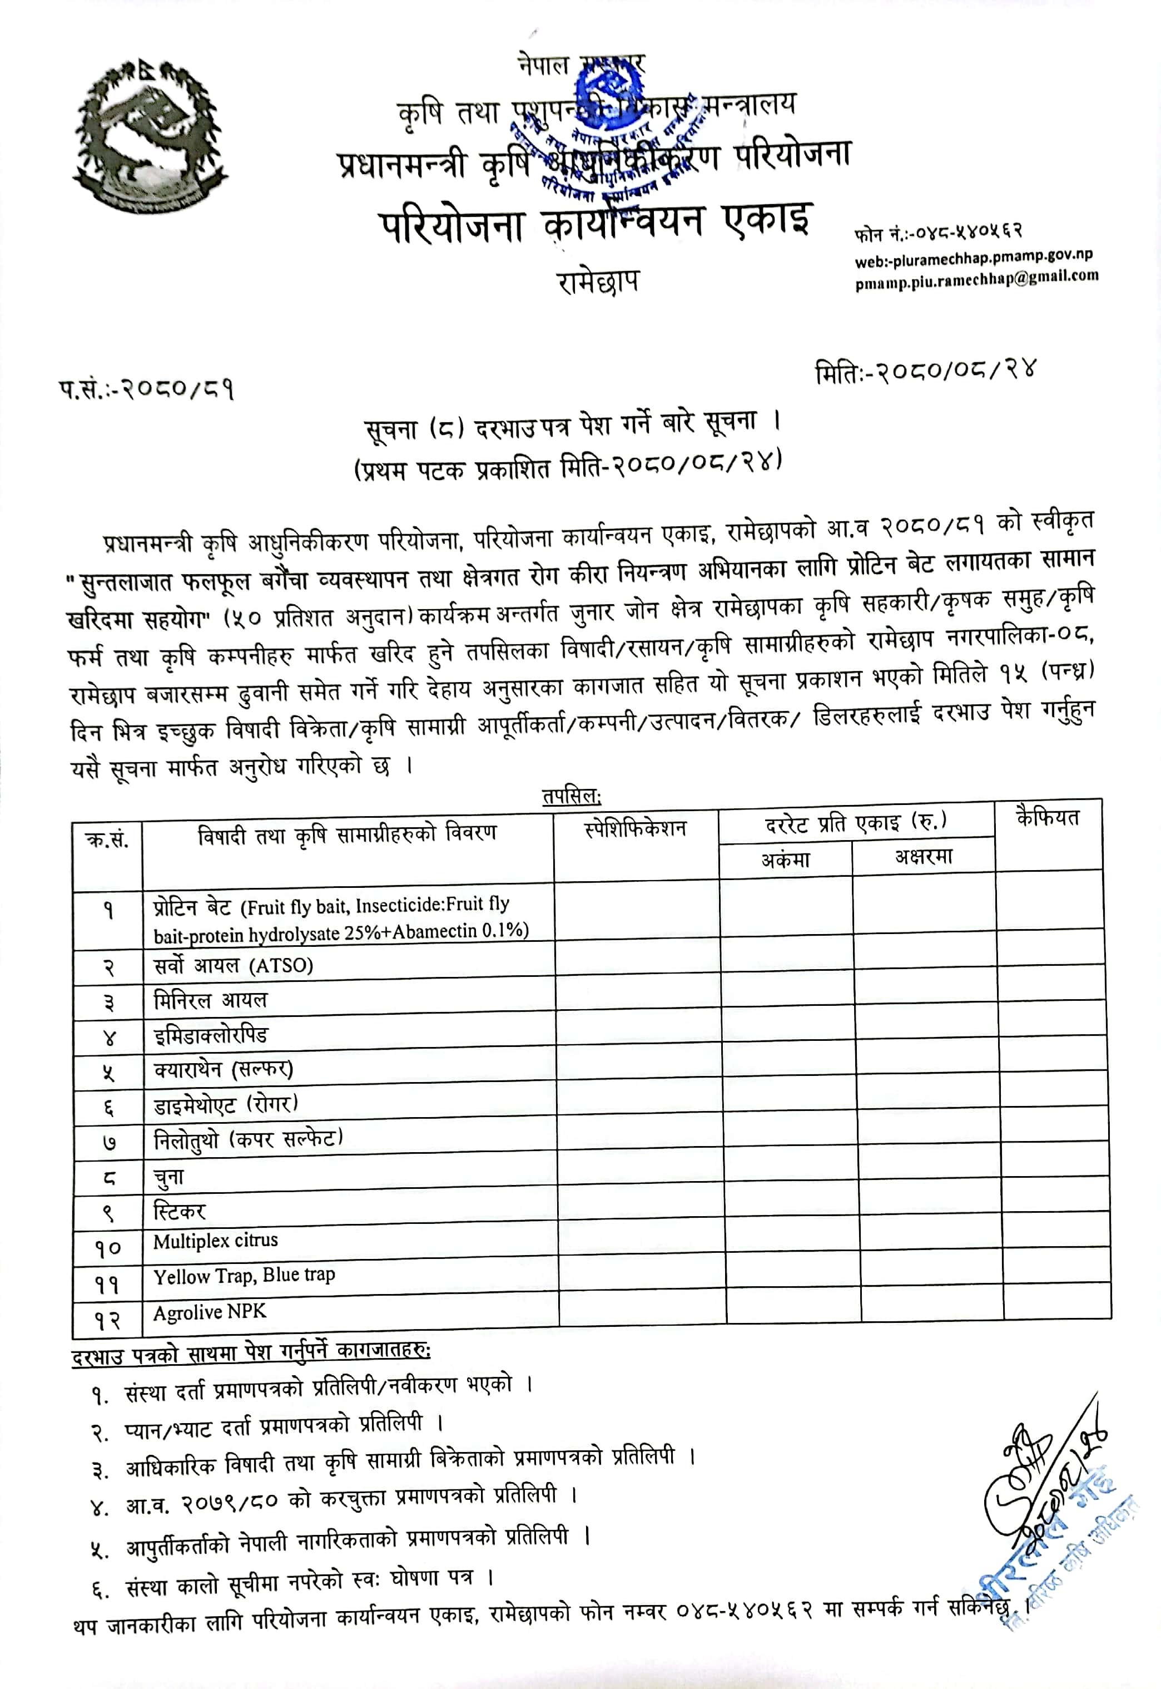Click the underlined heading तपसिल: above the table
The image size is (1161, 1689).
pyautogui.click(x=571, y=796)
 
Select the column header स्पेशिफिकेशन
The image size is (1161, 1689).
pyautogui.click(x=635, y=829)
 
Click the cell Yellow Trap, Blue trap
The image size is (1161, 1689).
pyautogui.click(x=244, y=1276)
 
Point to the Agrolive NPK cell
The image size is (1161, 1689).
pyautogui.click(x=210, y=1311)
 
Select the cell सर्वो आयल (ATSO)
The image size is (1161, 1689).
pyautogui.click(x=233, y=966)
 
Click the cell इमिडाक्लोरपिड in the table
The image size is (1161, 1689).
pyautogui.click(x=210, y=1035)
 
